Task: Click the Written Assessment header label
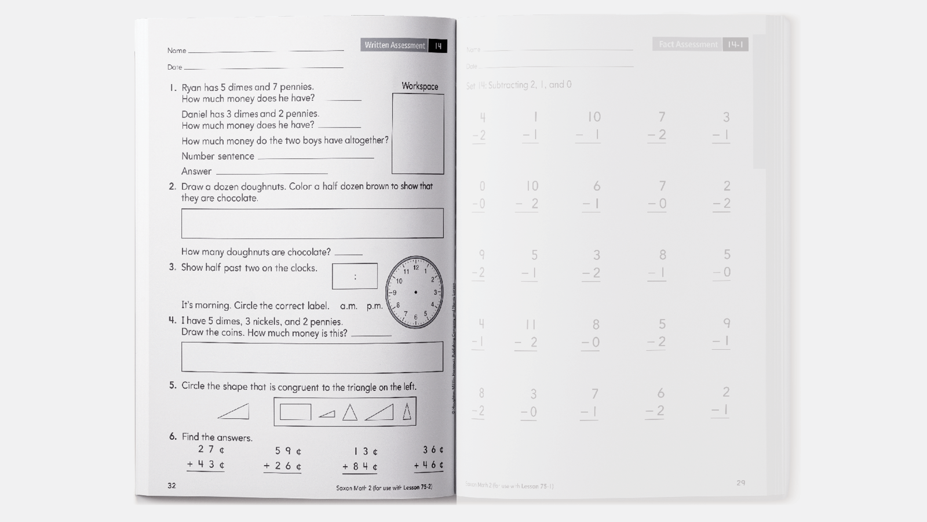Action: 395,45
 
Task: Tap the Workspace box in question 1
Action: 418,134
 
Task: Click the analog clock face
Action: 415,292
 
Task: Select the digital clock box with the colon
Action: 355,277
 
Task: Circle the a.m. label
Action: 348,306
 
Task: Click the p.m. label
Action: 374,306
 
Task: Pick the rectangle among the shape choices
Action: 295,412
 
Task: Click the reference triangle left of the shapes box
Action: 235,412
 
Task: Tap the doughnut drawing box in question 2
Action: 312,223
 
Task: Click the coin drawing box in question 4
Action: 312,357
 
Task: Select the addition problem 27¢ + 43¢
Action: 206,457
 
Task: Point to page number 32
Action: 171,485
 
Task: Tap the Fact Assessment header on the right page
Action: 688,44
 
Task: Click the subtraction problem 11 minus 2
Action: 527,333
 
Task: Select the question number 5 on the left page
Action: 173,386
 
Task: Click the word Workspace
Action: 419,86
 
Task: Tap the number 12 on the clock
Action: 415,268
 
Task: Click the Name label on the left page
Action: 176,50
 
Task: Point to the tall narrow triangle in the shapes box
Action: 407,411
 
